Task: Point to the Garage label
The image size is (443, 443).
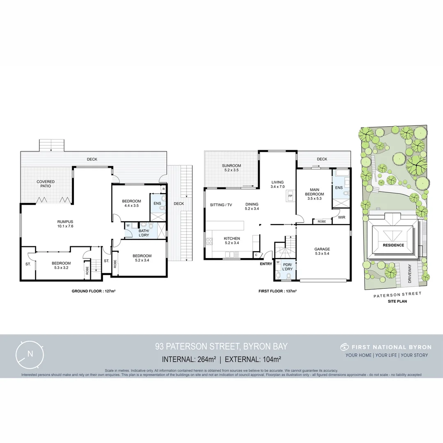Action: click(322, 249)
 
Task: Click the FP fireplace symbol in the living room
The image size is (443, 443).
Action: click(290, 196)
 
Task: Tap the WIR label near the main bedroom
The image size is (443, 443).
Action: click(342, 217)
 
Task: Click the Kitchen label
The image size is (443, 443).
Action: click(232, 238)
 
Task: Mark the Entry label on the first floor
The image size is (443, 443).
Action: click(266, 264)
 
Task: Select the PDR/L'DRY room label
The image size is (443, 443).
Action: click(287, 268)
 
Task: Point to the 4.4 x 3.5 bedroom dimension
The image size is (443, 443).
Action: click(131, 206)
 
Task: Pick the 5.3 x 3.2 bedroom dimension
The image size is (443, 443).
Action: click(61, 268)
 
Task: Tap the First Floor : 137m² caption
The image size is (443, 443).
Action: click(277, 291)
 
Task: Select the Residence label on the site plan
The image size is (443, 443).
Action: click(393, 245)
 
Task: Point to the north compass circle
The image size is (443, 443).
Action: click(30, 354)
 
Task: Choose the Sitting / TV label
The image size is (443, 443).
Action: click(221, 205)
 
